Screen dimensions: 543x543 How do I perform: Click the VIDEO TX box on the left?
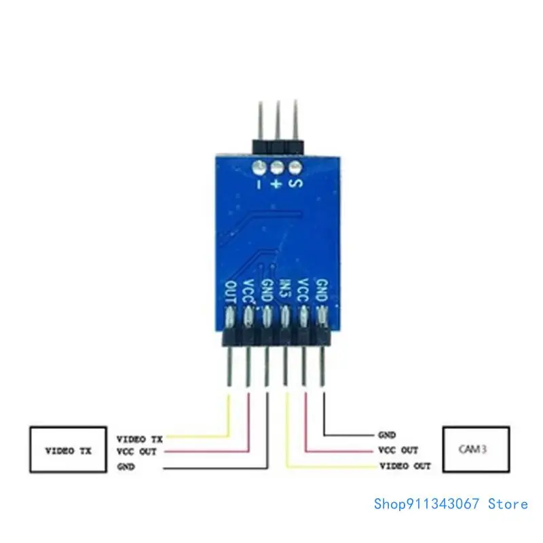click(67, 449)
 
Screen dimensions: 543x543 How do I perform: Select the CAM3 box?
click(475, 449)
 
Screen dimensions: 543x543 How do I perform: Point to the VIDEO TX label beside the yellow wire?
click(141, 438)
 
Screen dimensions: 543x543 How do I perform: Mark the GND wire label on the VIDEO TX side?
click(126, 466)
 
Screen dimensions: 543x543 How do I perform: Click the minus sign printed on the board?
click(259, 183)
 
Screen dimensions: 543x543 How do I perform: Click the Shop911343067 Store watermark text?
click(451, 504)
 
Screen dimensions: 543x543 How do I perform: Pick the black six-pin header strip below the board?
click(277, 337)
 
